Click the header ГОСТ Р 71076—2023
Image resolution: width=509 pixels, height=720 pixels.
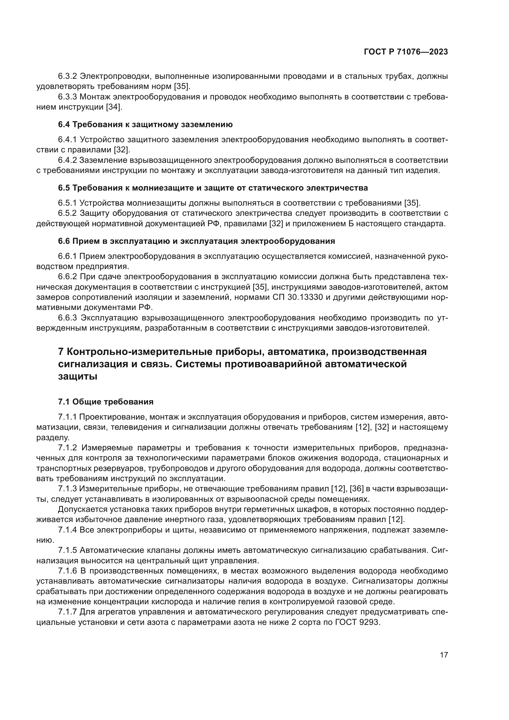click(x=406, y=52)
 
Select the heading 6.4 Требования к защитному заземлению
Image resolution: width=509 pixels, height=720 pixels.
click(x=145, y=124)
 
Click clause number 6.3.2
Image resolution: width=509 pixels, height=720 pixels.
click(x=68, y=76)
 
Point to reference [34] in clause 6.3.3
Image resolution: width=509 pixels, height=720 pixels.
click(x=113, y=107)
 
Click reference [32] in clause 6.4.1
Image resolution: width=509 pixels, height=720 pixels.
click(x=121, y=150)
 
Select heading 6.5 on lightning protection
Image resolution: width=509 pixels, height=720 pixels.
click(x=213, y=188)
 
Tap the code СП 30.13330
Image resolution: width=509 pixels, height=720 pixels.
click(x=298, y=297)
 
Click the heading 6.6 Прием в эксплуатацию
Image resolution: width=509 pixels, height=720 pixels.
click(x=196, y=241)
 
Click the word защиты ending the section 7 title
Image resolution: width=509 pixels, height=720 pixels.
click(x=78, y=376)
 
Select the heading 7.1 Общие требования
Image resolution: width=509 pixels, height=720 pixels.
click(x=106, y=402)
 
